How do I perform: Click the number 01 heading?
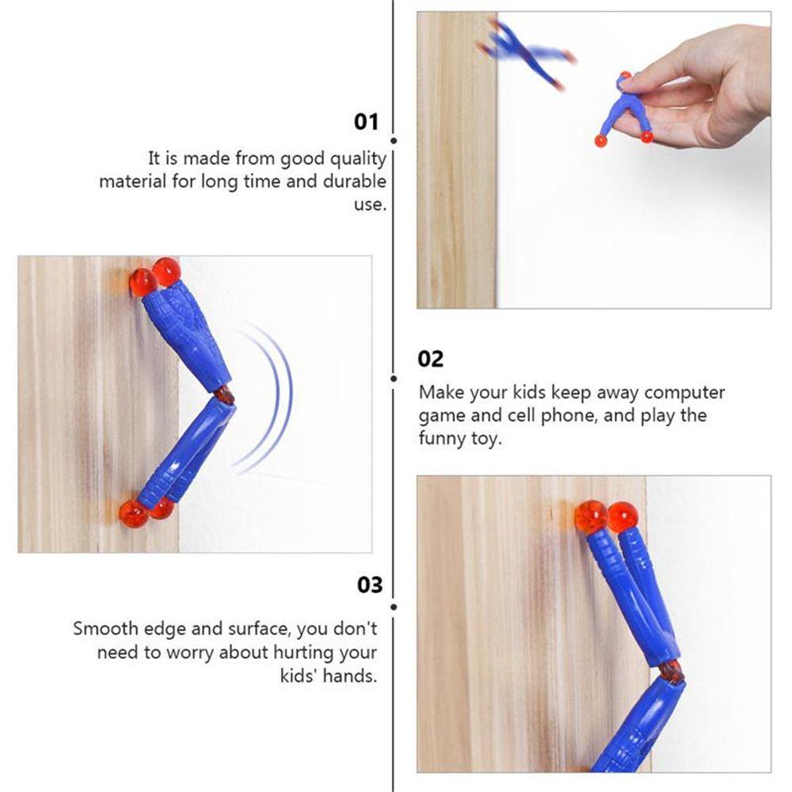(x=366, y=122)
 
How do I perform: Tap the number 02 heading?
(x=431, y=359)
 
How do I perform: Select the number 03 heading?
(x=369, y=585)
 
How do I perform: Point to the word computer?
(x=684, y=393)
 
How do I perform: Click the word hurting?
(x=305, y=653)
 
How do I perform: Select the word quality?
(x=356, y=158)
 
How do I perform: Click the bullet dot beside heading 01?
(x=394, y=140)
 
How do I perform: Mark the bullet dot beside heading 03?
(x=394, y=606)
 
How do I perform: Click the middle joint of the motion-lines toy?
(x=224, y=393)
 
